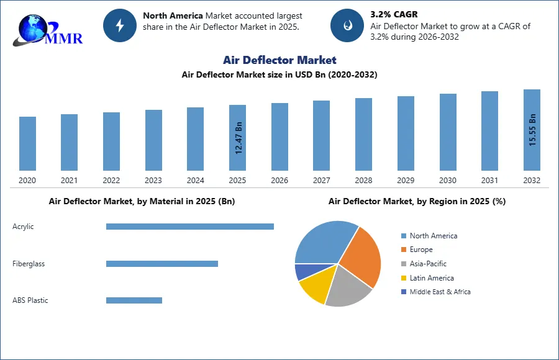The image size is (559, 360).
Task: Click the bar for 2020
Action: [x=27, y=143]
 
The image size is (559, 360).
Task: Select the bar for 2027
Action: [x=321, y=135]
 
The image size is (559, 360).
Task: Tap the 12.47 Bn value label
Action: [x=239, y=138]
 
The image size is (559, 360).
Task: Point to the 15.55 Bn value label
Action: [x=532, y=130]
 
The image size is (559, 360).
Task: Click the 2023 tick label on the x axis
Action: [x=153, y=181]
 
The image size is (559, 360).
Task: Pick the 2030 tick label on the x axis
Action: [x=447, y=181]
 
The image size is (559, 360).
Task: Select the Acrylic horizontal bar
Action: [x=189, y=227]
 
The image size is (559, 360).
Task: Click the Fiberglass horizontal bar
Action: [x=161, y=264]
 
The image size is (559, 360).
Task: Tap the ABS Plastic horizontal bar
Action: [x=134, y=300]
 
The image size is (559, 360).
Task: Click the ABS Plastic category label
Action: [x=30, y=300]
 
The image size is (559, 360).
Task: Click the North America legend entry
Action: [x=433, y=236]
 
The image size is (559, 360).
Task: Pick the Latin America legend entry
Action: [x=431, y=278]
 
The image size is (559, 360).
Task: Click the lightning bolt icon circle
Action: [x=120, y=25]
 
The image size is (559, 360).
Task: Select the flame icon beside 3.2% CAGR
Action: [x=347, y=25]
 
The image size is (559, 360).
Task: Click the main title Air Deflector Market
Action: [x=279, y=60]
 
